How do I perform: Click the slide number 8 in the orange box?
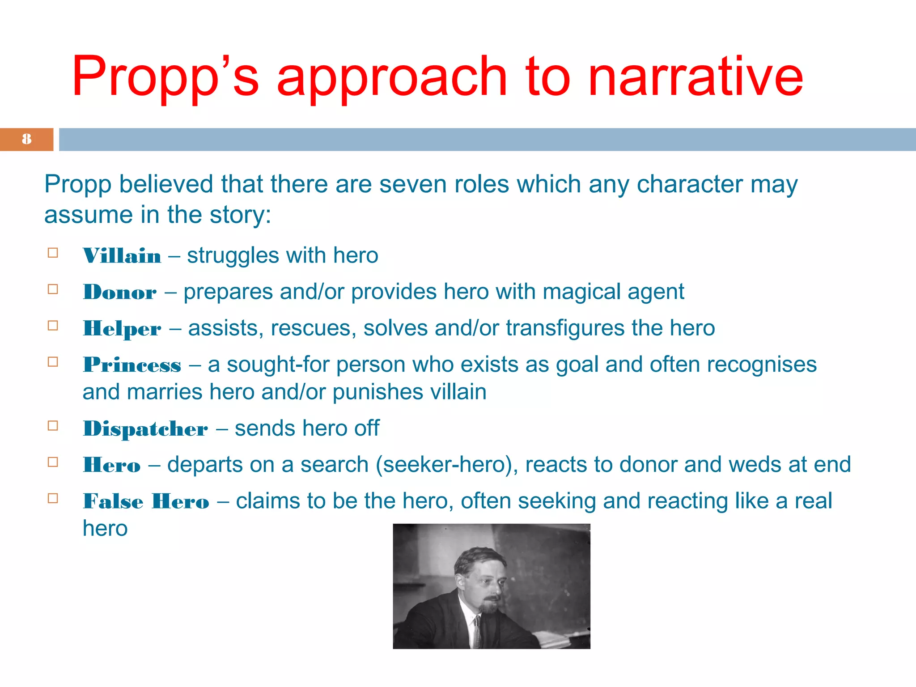coord(27,139)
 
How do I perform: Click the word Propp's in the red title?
coord(165,76)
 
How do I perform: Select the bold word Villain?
coord(122,256)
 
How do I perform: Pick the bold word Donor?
coord(120,293)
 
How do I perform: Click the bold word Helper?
coord(122,329)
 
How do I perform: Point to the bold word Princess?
coord(132,365)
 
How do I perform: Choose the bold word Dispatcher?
coord(145,429)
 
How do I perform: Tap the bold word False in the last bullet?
coord(113,501)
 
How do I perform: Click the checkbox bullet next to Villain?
coord(53,253)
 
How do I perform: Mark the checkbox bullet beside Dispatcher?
coord(53,426)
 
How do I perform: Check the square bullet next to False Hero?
coord(53,498)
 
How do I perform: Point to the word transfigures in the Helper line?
coord(565,329)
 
